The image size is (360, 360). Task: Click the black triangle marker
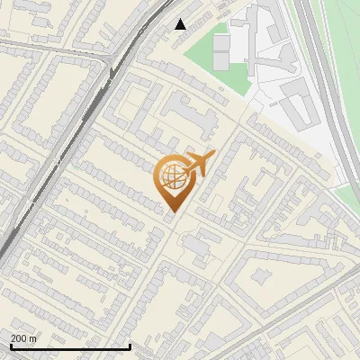[181, 24]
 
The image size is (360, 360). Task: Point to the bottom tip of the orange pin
[172, 211]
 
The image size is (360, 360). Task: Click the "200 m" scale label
[23, 337]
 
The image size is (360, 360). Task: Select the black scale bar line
[70, 346]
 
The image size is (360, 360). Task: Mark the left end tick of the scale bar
[10, 345]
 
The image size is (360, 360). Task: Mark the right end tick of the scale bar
[130, 345]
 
